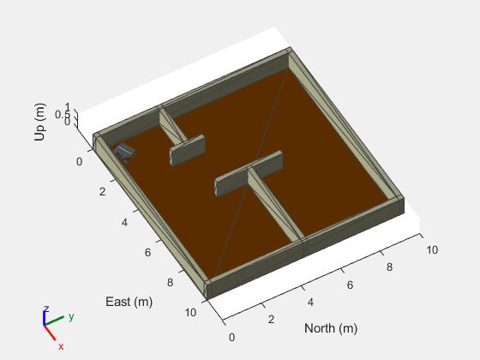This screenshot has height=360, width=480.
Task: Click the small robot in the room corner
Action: [124, 153]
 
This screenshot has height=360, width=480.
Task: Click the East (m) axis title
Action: [129, 302]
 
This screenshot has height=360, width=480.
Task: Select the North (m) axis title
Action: [331, 328]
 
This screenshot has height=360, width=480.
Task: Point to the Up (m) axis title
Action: [40, 122]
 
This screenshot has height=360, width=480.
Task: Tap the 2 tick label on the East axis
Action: [102, 192]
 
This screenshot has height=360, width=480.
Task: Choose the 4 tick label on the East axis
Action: [124, 223]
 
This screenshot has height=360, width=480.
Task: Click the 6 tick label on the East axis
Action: [147, 253]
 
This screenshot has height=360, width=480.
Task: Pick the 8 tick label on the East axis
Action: [171, 283]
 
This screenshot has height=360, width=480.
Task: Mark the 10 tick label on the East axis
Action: [190, 313]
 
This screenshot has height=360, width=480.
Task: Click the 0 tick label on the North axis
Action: [231, 338]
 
